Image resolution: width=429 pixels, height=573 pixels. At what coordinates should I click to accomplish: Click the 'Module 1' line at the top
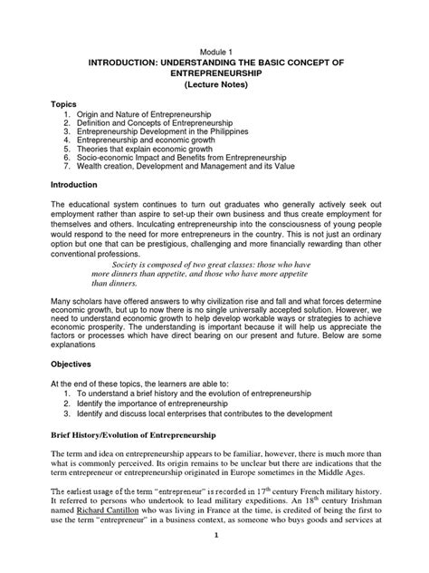(x=215, y=53)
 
